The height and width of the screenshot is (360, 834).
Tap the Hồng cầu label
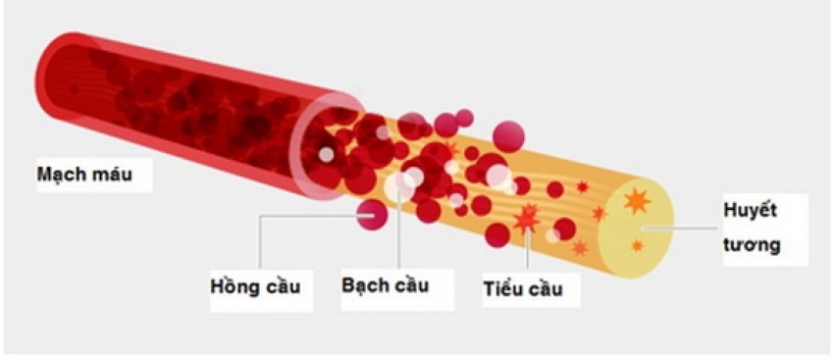[x=254, y=286]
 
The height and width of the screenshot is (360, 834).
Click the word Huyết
[x=751, y=213]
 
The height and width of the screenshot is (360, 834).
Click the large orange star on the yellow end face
[x=638, y=201]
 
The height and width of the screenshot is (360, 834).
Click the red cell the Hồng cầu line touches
[x=371, y=214]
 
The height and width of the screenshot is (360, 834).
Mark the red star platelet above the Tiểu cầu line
[x=527, y=218]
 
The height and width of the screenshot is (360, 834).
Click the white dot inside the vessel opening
[x=326, y=154]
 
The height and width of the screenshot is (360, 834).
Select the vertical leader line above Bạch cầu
[x=401, y=235]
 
